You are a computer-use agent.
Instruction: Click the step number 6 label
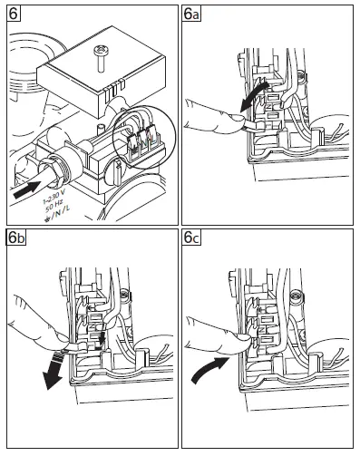14,14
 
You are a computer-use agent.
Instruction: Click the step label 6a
191,14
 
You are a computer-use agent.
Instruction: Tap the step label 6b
16,238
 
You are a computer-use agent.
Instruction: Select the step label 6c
191,238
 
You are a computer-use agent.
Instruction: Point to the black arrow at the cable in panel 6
27,189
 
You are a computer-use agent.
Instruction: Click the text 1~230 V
54,195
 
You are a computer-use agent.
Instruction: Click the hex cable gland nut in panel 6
54,170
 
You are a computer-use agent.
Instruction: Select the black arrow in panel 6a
254,96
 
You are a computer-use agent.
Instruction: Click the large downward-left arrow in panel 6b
54,370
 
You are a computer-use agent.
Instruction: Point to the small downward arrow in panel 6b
102,338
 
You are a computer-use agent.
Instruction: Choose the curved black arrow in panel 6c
209,369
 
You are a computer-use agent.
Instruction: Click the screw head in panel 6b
124,294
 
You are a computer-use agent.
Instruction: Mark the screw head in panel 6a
301,75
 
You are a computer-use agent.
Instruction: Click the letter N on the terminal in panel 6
145,141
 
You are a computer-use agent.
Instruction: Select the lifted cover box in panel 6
102,71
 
